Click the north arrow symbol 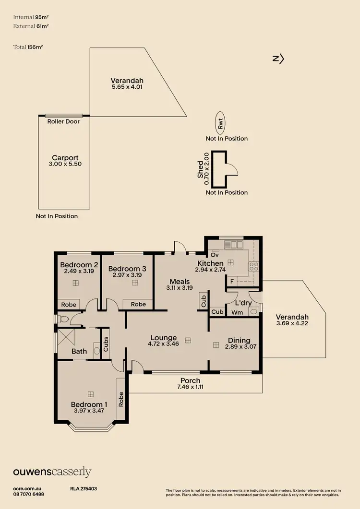(x=278, y=59)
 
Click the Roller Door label (x=63, y=122)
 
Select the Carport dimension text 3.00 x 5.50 (x=65, y=164)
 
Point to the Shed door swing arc (x=231, y=169)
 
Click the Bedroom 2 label (x=79, y=265)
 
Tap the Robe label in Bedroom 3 (x=138, y=304)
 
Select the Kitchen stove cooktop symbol (x=253, y=266)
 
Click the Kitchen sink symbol (x=234, y=245)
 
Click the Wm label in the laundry (x=237, y=313)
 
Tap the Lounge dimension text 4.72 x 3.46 (x=163, y=344)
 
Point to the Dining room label (x=239, y=341)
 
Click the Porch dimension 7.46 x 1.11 (x=191, y=387)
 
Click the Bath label (x=79, y=351)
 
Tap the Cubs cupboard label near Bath (x=106, y=343)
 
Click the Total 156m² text (x=32, y=47)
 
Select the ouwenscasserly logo (x=52, y=472)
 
